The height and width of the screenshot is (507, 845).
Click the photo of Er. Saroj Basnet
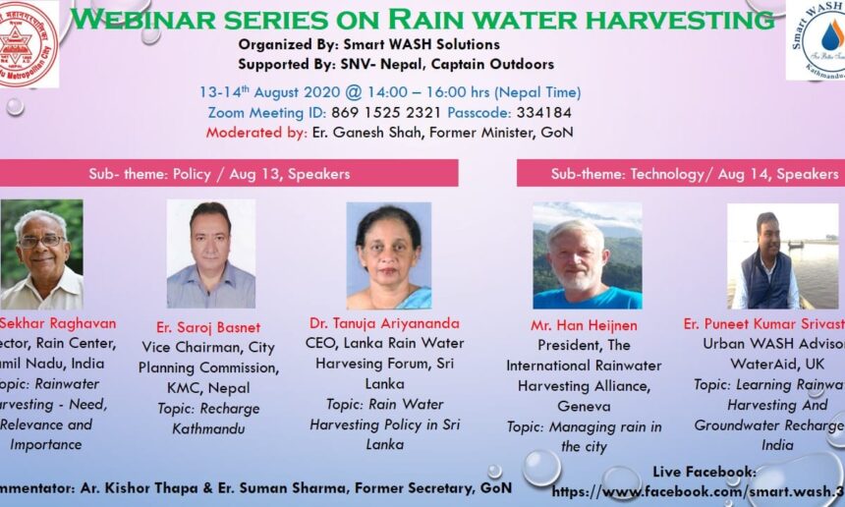pyautogui.click(x=210, y=253)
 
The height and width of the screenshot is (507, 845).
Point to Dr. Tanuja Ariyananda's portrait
pyautogui.click(x=389, y=255)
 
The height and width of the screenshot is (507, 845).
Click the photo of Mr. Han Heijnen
pyautogui.click(x=587, y=255)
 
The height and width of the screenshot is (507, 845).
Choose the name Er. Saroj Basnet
pyautogui.click(x=207, y=327)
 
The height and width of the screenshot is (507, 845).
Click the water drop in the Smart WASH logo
pyautogui.click(x=831, y=36)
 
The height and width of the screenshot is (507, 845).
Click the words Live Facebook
pyautogui.click(x=704, y=472)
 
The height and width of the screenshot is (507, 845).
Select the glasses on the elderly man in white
pyautogui.click(x=40, y=240)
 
